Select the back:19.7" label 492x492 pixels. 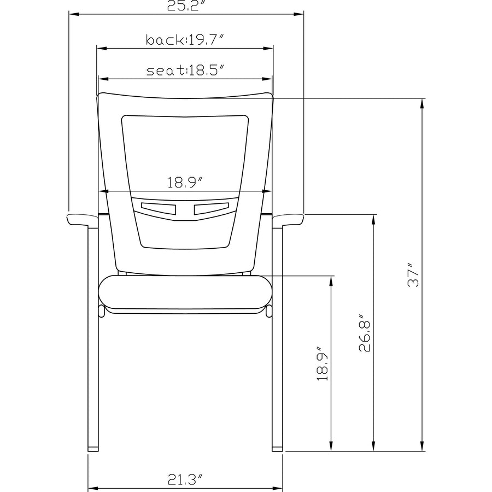tap(185, 40)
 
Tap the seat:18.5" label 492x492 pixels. tap(186, 71)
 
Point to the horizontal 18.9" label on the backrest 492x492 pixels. tap(185, 182)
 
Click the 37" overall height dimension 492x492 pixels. tap(413, 275)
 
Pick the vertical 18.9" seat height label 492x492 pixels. tap(322, 364)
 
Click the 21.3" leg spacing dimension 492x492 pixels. tap(185, 479)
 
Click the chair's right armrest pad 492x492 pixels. tap(288, 219)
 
